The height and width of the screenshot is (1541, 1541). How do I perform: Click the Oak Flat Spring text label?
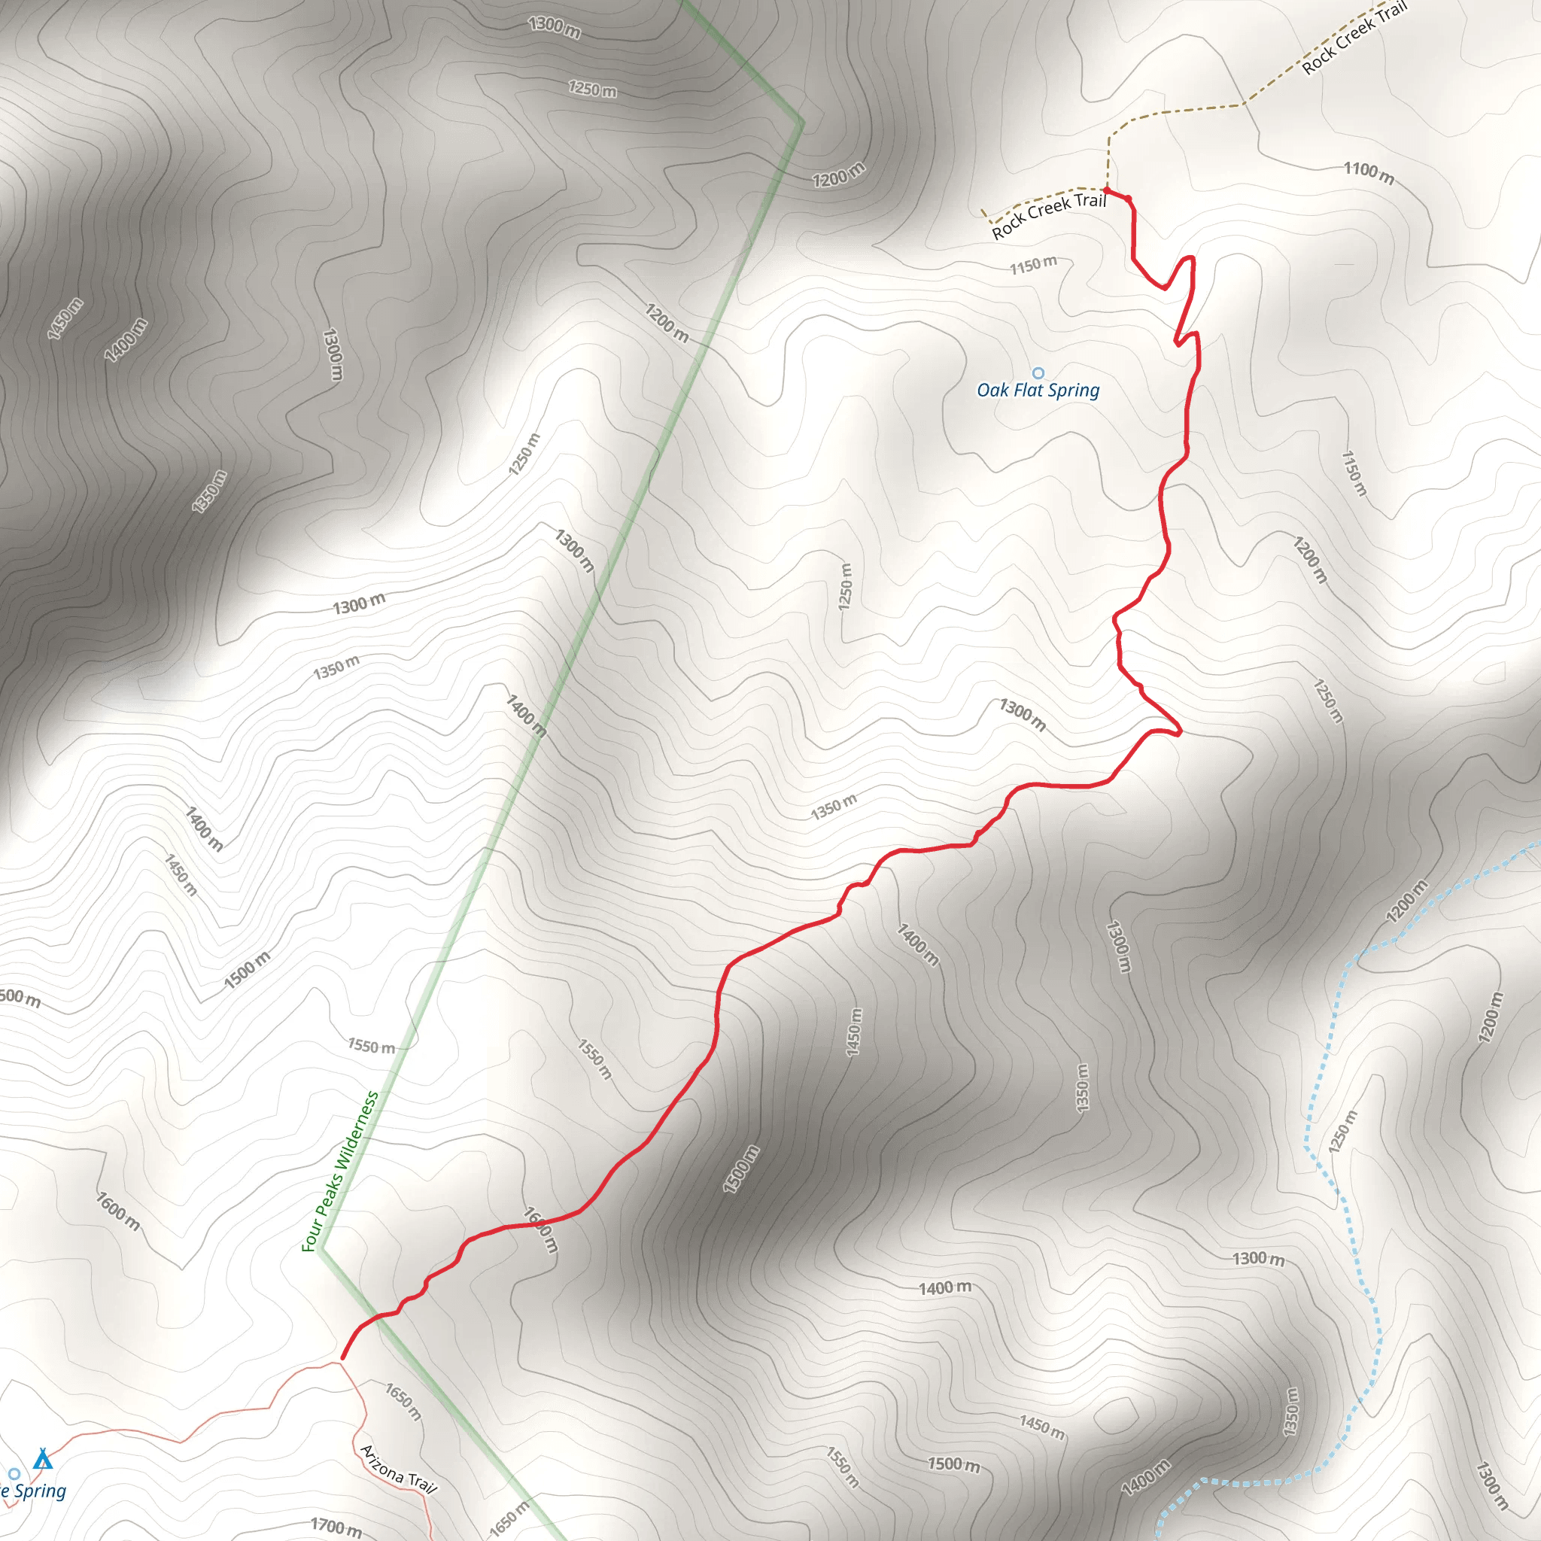click(1038, 390)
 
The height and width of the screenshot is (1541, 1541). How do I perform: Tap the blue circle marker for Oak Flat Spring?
click(1038, 372)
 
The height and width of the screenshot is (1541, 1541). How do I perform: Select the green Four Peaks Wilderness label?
click(340, 1171)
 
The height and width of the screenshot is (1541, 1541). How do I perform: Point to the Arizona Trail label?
click(398, 1469)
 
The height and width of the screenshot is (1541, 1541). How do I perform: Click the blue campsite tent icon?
click(43, 1459)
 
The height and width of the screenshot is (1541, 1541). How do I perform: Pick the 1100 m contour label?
click(1369, 172)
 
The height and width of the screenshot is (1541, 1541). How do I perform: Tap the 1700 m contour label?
click(336, 1525)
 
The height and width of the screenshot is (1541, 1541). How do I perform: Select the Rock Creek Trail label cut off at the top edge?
click(1354, 38)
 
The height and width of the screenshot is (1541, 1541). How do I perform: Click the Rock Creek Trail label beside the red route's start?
click(1048, 214)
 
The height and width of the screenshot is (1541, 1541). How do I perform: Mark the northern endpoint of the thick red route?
click(1107, 190)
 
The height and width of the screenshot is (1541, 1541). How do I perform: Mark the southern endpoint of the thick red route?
click(343, 1357)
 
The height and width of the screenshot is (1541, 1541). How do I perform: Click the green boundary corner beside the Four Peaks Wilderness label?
click(321, 1249)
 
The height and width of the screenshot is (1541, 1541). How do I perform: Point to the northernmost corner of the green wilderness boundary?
click(801, 123)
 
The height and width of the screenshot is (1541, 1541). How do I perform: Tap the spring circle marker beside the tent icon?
click(14, 1473)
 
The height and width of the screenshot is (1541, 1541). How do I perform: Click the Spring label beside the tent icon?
click(34, 1491)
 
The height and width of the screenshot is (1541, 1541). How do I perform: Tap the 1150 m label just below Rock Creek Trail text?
click(1033, 265)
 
